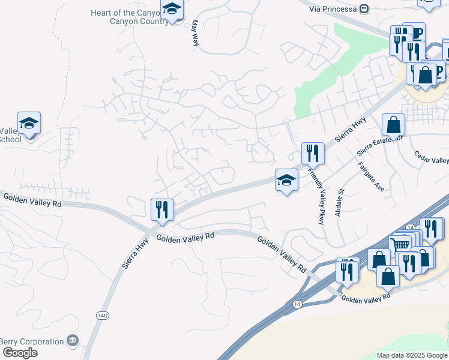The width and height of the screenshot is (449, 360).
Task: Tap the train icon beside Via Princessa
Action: (x=364, y=9)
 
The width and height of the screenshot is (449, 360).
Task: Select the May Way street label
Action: (x=194, y=32)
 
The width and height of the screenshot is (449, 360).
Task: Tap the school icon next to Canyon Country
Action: (x=172, y=9)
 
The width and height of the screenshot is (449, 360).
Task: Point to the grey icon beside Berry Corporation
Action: (x=73, y=341)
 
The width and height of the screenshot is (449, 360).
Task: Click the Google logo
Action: (x=20, y=353)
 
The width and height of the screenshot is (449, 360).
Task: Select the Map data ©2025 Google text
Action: (x=412, y=355)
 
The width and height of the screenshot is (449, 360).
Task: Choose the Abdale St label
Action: (x=340, y=205)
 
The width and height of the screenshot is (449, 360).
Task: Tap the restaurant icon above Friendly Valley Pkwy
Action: (x=313, y=154)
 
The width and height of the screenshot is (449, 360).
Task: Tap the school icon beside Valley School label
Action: (x=29, y=123)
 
